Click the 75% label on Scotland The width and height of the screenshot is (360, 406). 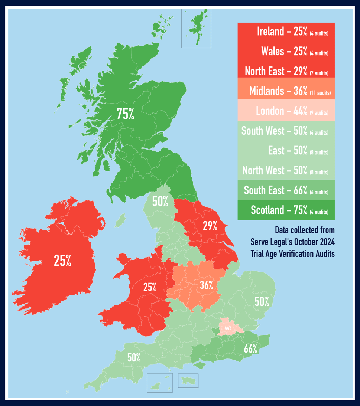click(125, 114)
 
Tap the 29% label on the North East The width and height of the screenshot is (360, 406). click(210, 226)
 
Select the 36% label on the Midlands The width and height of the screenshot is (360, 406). click(206, 285)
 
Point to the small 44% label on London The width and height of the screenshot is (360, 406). click(228, 328)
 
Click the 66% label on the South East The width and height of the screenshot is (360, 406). click(251, 349)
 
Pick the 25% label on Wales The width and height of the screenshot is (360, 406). click(150, 287)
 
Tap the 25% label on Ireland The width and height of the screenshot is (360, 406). click(62, 261)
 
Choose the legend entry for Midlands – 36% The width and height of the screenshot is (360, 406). click(286, 91)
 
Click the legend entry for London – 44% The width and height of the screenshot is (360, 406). click(286, 111)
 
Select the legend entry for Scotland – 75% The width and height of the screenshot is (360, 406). click(286, 210)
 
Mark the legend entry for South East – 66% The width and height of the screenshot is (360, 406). click(286, 190)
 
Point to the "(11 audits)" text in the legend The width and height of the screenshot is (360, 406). click(320, 92)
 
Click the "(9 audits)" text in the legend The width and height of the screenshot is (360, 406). click(319, 112)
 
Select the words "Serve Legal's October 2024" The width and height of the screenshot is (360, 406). click(292, 242)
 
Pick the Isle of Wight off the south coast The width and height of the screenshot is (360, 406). click(200, 366)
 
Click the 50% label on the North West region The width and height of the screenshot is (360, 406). click(160, 202)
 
